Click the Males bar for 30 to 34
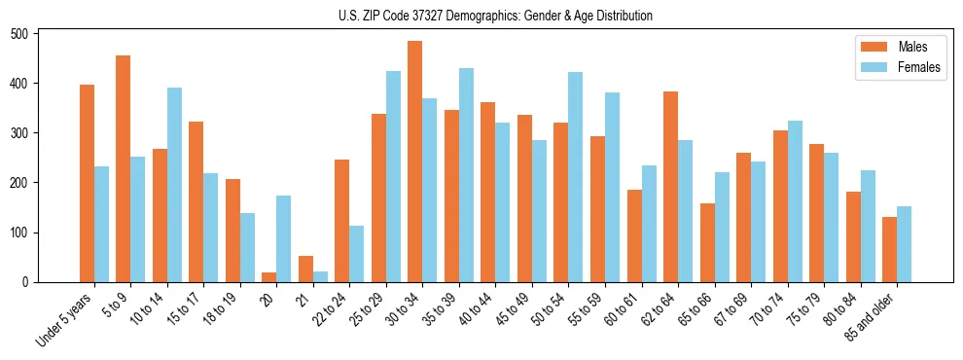415,162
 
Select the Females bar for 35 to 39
466,175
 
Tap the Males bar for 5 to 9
124,168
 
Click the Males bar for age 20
269,277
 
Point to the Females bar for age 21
320,277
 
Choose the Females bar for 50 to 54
576,177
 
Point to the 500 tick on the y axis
39,33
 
